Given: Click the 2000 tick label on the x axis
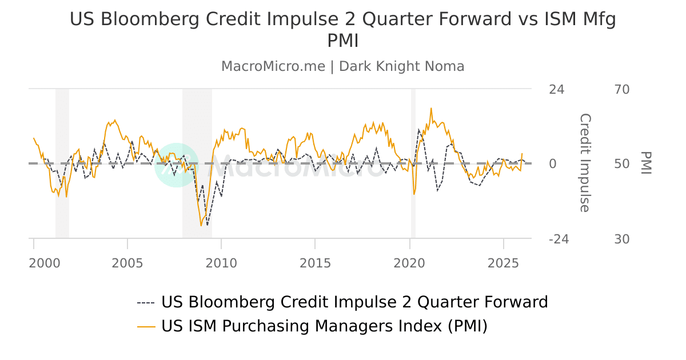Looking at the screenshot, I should click(44, 263).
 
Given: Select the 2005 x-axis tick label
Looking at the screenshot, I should click(127, 263).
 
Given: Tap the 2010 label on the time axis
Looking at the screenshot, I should click(221, 263).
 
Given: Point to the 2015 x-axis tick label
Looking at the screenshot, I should click(315, 263).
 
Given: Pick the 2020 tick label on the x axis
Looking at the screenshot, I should click(409, 263).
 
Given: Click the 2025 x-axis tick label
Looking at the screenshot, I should click(503, 263).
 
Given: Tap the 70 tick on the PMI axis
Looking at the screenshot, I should click(622, 90).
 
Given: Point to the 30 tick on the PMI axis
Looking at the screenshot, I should click(622, 239).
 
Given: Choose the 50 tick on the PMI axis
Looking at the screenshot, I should click(622, 165).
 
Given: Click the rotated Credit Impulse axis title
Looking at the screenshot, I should click(584, 163).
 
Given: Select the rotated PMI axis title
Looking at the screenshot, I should click(646, 163).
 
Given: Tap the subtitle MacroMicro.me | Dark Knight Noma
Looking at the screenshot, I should click(342, 66).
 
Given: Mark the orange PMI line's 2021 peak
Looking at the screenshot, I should click(431, 108).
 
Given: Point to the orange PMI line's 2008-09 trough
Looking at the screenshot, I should click(201, 225).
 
